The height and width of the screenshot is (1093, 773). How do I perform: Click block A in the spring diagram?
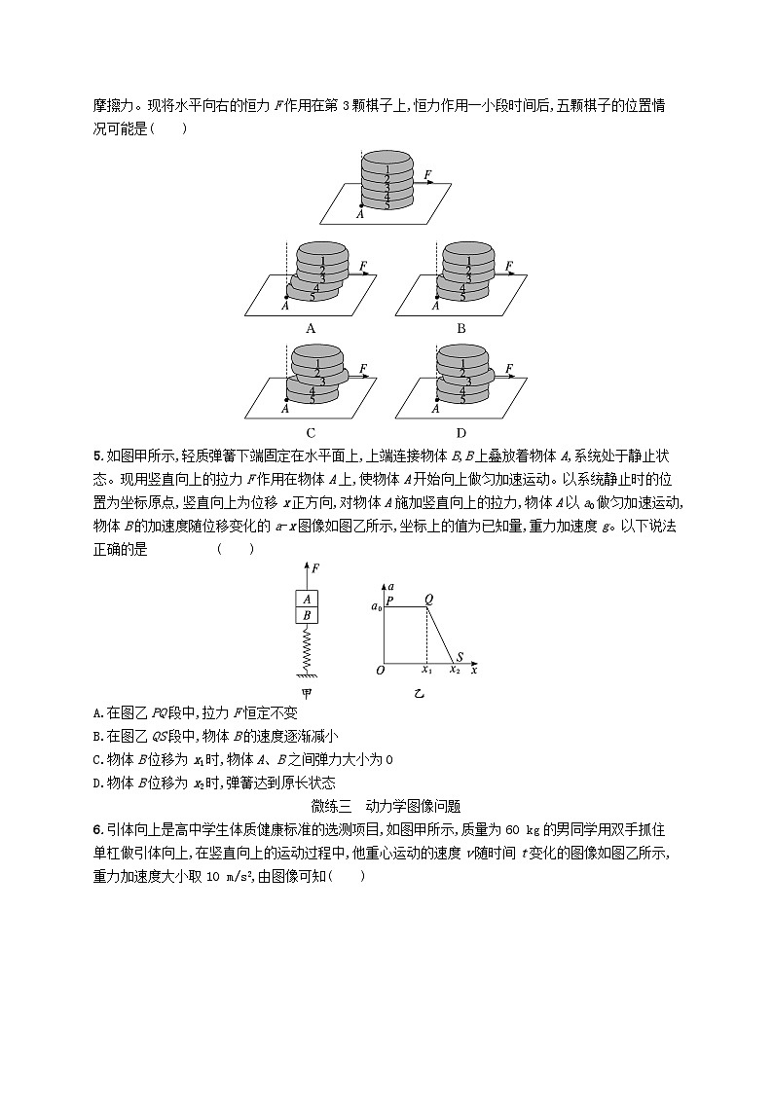pos(307,600)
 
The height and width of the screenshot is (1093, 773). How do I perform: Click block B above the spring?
pos(307,615)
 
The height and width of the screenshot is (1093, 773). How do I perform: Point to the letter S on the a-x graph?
pos(460,657)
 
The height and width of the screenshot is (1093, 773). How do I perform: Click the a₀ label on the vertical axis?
pos(377,607)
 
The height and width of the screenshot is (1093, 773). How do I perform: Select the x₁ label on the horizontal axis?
pos(425,671)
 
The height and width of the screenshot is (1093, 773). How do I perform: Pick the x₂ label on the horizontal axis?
pos(454,671)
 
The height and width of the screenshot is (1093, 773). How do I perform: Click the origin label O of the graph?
pos(380,670)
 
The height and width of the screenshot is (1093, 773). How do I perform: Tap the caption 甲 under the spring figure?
pos(307,694)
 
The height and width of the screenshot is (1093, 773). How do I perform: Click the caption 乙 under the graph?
pos(420,694)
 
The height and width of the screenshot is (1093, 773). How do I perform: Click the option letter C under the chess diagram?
pos(311,433)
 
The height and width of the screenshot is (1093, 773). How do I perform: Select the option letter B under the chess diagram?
pos(460,328)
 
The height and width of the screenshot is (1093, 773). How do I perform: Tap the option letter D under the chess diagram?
pos(460,433)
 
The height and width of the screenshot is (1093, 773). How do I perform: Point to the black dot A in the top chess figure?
pos(362,206)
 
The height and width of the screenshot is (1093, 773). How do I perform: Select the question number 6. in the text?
pos(97,828)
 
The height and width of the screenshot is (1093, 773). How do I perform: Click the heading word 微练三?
pos(332,806)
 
